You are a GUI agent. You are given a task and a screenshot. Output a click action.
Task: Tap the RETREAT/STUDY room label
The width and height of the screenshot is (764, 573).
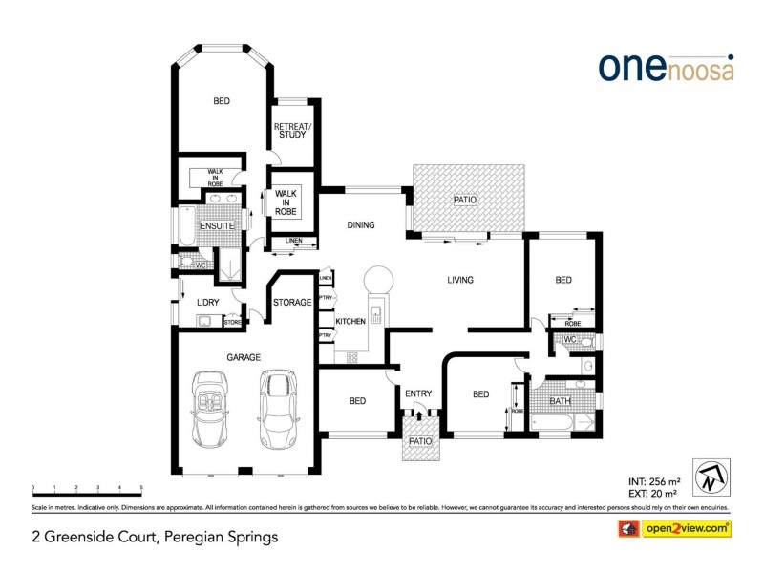pos(290,131)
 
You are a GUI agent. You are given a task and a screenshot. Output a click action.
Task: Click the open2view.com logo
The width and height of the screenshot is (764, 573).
pos(676,528)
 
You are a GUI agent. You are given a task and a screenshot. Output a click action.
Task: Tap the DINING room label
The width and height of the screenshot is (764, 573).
pos(360,225)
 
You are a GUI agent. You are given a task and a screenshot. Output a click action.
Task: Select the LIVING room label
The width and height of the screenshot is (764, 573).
pos(460,280)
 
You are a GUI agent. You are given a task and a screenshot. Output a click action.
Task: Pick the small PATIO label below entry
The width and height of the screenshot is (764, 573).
pos(420,442)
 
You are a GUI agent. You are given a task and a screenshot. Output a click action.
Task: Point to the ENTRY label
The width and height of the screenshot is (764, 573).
pos(418,393)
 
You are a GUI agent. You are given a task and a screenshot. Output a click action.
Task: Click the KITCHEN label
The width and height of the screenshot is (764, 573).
pos(350,322)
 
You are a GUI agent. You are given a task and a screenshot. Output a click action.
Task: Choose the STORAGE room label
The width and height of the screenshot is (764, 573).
pos(292,303)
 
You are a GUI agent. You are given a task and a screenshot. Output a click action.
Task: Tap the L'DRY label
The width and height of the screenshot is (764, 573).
pos(208,303)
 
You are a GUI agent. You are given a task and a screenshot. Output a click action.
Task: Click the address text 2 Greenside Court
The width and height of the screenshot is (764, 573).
pos(155,537)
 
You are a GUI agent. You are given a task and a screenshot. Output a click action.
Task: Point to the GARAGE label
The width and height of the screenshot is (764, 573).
pos(244,357)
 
